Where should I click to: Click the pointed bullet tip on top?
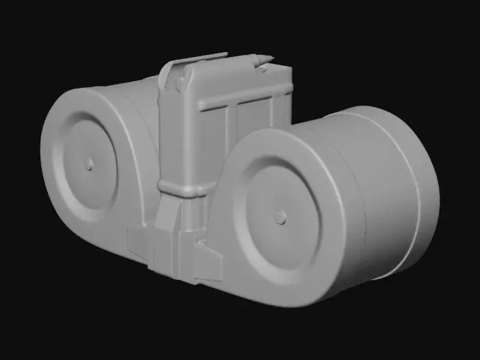265,60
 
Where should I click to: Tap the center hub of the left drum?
88,164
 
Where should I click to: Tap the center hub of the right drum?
279,217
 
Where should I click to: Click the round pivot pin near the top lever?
180,83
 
